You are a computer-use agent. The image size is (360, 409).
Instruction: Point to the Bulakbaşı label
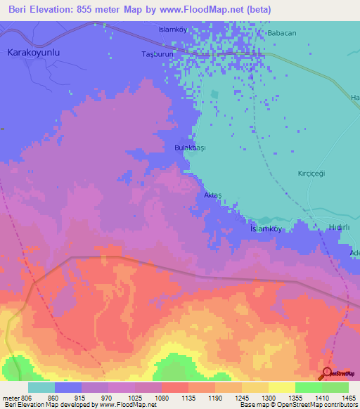pos(189,148)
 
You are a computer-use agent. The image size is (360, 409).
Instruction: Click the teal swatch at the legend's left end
pos(41,387)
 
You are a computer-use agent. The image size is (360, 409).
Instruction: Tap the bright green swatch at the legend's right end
pos(335,387)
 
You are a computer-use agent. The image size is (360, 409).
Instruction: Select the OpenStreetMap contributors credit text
pos(316,405)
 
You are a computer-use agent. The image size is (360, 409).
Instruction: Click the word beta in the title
pos(261,10)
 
